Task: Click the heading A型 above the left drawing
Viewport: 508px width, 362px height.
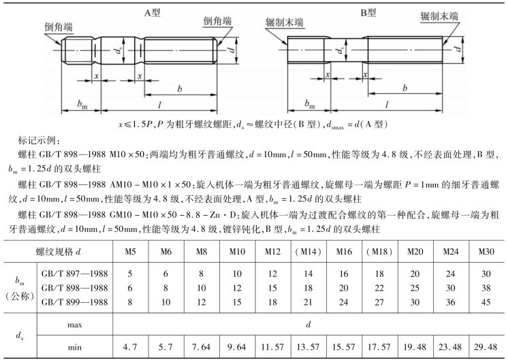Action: tap(151, 12)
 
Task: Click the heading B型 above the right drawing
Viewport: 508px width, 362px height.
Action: tap(368, 12)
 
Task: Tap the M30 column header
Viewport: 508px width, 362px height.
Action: tap(486, 252)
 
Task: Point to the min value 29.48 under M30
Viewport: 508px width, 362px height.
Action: tap(486, 346)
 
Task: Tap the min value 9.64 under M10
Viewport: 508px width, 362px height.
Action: tap(237, 346)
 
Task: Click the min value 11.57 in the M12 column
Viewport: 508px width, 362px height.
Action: tap(272, 346)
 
